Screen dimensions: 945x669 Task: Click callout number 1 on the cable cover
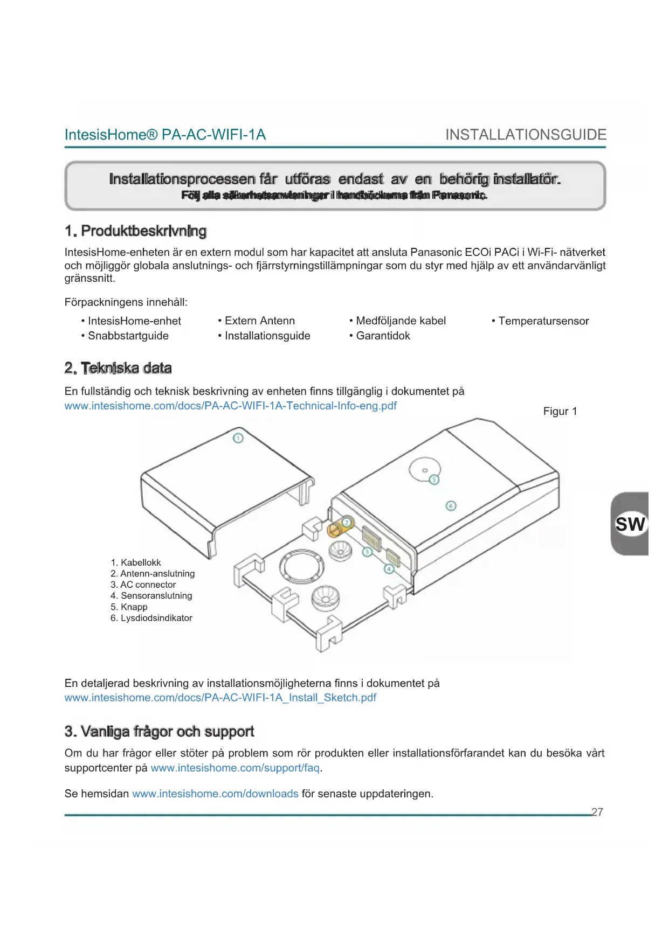click(238, 438)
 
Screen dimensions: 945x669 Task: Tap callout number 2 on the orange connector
click(347, 522)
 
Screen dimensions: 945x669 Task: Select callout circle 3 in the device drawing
click(367, 552)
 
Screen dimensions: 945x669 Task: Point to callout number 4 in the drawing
click(389, 569)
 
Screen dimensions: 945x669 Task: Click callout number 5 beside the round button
click(434, 480)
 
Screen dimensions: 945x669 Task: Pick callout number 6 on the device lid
click(451, 505)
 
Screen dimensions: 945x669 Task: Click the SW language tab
click(630, 524)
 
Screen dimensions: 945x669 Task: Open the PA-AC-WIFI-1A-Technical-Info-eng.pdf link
click(230, 406)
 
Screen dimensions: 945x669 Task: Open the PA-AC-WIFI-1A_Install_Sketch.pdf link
click(220, 698)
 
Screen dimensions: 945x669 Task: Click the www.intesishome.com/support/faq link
click(235, 768)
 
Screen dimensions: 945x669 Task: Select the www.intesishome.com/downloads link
click(215, 794)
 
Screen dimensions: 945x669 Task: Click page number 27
click(597, 812)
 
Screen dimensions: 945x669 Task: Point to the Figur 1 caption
click(560, 411)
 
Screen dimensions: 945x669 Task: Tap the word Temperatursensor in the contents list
click(543, 321)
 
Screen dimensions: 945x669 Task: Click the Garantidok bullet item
click(383, 336)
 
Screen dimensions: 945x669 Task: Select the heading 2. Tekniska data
click(118, 368)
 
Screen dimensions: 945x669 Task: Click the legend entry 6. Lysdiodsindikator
click(151, 618)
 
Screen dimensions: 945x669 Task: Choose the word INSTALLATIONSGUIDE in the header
click(526, 135)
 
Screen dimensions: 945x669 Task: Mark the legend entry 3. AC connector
click(143, 585)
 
